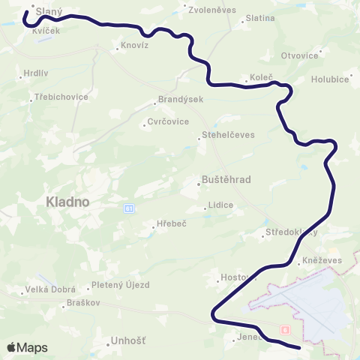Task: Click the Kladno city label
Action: pos(67,202)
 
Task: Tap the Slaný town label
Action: pos(48,12)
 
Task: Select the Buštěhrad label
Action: pos(226,179)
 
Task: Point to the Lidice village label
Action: pos(222,205)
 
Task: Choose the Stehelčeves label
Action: pos(229,135)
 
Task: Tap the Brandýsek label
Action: pos(176,100)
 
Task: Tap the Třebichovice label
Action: pos(61,97)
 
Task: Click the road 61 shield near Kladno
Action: pos(130,208)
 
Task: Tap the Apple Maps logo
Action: pos(27,347)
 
